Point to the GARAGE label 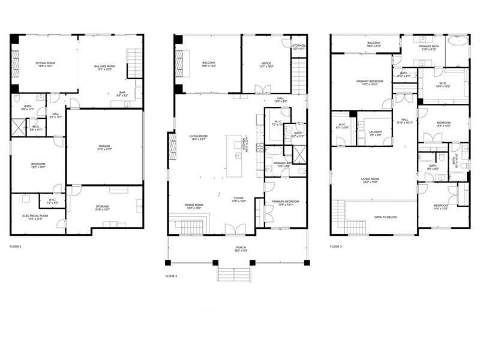pos(105,146)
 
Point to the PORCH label pos(240,248)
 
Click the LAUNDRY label pos(376,131)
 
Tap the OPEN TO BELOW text pos(387,217)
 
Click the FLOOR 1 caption pos(16,247)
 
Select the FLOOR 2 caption pos(172,276)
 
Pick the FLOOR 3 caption pos(336,247)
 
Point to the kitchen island pos(238,155)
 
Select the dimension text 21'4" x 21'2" pos(105,150)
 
